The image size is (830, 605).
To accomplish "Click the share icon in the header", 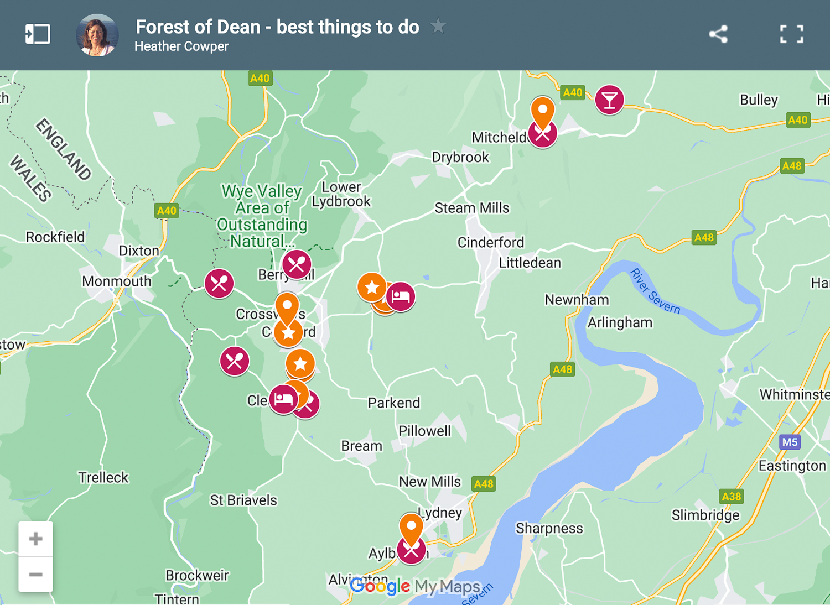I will point(718,34).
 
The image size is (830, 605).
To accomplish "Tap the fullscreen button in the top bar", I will point(791,34).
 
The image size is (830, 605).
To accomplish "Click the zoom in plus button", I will point(36,539).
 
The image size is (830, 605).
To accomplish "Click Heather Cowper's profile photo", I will point(97,35).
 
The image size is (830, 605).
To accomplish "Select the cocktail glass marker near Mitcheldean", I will point(609,100).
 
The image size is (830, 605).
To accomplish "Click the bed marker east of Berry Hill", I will point(401,296).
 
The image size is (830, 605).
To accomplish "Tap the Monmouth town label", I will point(116,281).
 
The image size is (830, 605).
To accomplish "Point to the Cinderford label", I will point(490,242).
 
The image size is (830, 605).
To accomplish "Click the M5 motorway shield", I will point(790,442).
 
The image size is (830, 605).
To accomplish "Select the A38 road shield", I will point(731,496).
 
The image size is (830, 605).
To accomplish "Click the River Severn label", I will point(655,291).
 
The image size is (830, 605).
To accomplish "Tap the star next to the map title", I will point(438,26).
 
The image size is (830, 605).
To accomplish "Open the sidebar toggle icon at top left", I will point(38,34).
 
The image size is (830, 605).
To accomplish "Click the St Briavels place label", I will point(243,500).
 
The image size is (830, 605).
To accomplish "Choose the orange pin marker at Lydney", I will point(411,528).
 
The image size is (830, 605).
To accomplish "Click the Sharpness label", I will point(549,528).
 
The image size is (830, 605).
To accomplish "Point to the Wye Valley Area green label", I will point(262,216).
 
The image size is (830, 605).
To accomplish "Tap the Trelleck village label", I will point(103,477).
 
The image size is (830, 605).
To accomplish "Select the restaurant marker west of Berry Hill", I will point(219,283).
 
